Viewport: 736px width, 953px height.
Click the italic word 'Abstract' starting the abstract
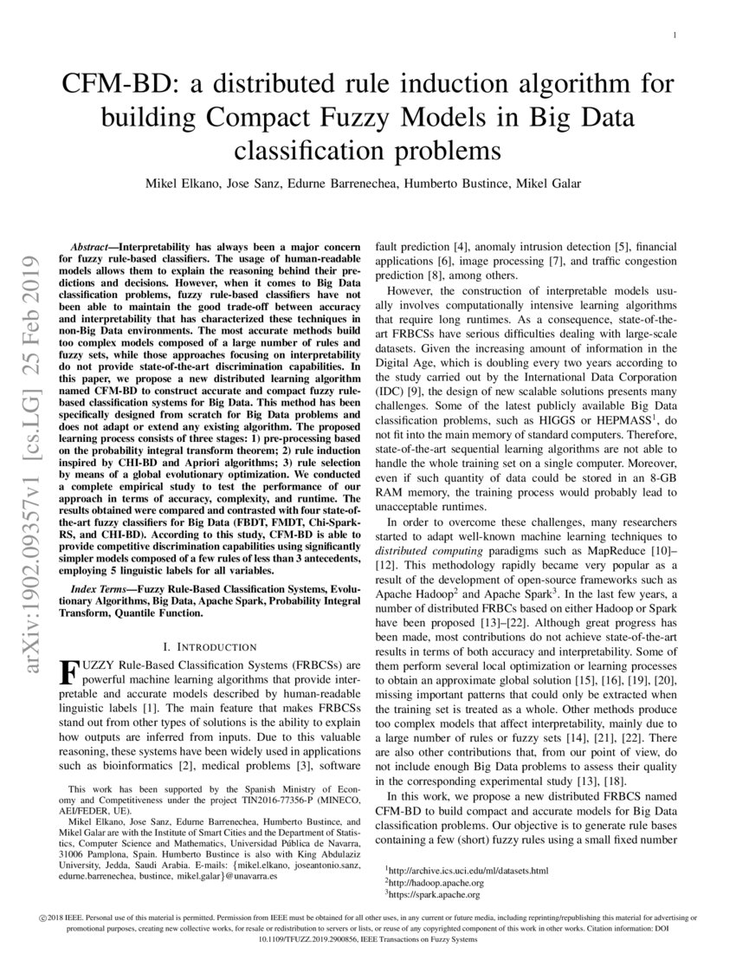click(x=90, y=247)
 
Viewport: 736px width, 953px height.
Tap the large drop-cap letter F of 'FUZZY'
click(x=67, y=671)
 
